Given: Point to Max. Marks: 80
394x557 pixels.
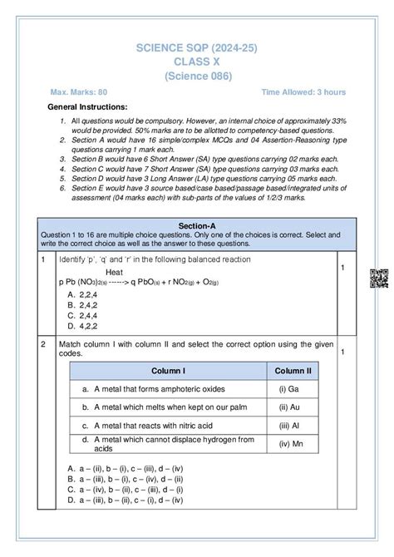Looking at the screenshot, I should pos(81,92).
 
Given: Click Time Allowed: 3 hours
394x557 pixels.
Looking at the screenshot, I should pos(303,92).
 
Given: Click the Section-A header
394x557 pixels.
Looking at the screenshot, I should pos(197,224).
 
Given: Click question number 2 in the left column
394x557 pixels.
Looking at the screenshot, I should pos(42,343).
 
